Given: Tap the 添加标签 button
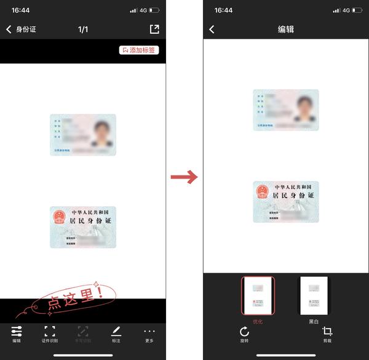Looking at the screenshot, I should click(139, 50).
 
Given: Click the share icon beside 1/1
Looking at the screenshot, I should click(154, 29).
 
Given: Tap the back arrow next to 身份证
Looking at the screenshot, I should click(9, 30).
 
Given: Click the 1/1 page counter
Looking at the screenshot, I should click(83, 30).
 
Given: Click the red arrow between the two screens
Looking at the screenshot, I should click(184, 177).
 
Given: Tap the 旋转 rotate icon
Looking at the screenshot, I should click(244, 334).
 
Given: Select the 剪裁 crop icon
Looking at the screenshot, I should click(327, 334).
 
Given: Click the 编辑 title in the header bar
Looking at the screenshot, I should click(286, 30).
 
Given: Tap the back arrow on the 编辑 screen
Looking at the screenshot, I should click(212, 30).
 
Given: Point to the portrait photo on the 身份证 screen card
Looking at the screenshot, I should click(100, 133).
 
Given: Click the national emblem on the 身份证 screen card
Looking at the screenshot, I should click(59, 217).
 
